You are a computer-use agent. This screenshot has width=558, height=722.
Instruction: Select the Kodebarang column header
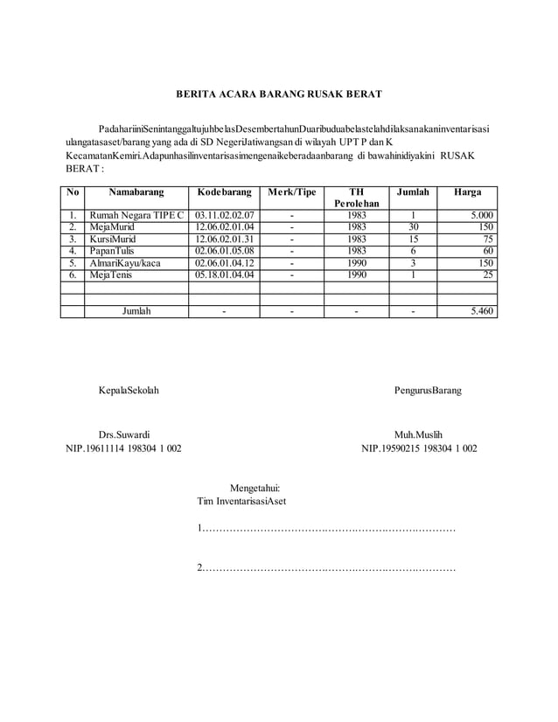tap(225, 191)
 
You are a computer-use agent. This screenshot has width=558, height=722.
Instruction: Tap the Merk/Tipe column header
tap(292, 191)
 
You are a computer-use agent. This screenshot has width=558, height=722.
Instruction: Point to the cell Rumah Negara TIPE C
tap(136, 214)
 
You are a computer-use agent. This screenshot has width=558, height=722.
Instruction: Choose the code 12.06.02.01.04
tap(225, 226)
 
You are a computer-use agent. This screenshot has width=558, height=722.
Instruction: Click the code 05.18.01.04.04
tap(225, 274)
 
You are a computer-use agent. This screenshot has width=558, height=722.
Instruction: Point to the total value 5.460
tap(480, 310)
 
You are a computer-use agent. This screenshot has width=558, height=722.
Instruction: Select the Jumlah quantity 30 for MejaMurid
tap(414, 226)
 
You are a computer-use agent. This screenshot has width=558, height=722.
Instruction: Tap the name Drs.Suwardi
tap(123, 434)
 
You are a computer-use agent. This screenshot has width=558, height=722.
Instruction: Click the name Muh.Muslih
tap(419, 434)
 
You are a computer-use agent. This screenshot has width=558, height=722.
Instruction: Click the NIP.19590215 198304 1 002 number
tap(419, 448)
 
